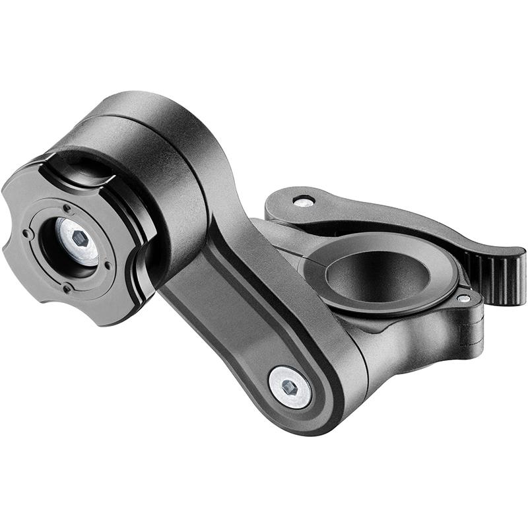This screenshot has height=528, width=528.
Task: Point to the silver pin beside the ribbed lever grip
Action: [x=464, y=298]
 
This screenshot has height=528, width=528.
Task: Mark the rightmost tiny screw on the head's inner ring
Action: [x=108, y=265]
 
